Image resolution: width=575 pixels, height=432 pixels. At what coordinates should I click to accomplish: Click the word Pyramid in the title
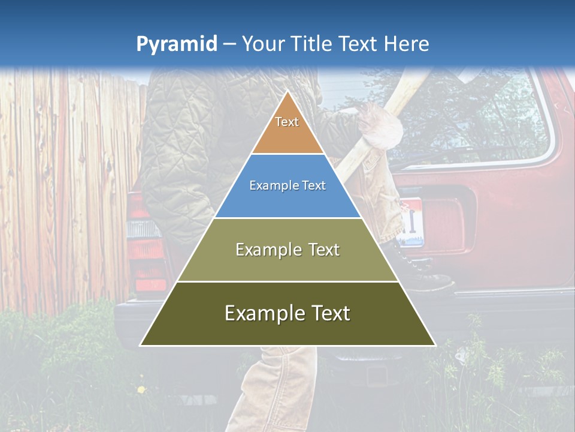click(x=177, y=44)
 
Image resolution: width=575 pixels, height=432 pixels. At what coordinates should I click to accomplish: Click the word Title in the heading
click(x=312, y=44)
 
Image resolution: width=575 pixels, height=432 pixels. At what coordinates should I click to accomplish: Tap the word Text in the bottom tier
click(x=326, y=313)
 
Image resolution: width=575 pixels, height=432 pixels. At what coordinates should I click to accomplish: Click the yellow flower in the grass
click(x=141, y=389)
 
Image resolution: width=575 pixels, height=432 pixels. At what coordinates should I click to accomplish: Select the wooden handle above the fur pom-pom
click(x=407, y=90)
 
